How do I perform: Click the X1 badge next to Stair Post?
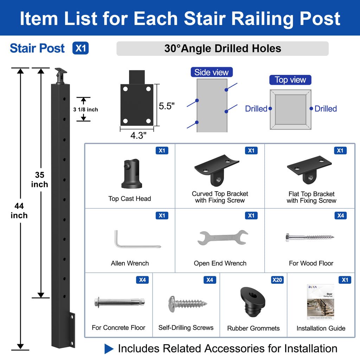tap(81, 48)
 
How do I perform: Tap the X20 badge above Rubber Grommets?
tap(277, 280)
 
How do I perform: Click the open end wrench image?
tap(223, 237)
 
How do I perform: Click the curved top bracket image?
tap(216, 169)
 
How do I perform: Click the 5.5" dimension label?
tap(167, 106)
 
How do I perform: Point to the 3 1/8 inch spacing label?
tap(85, 110)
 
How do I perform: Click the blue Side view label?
tap(211, 72)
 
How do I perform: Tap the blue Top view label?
tap(290, 80)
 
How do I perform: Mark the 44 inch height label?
tap(19, 211)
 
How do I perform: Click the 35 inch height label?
tap(39, 179)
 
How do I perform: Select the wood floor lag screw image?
tap(309, 237)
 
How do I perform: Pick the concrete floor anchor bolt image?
tap(119, 302)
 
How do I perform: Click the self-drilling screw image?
tap(187, 302)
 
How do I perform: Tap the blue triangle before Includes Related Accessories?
tap(109, 349)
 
